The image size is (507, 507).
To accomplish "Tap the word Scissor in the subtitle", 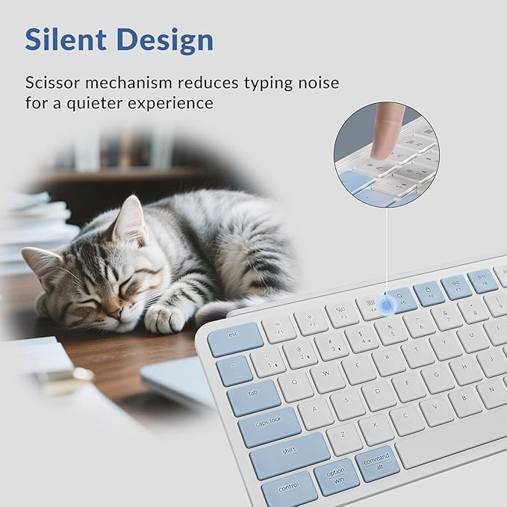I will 63,81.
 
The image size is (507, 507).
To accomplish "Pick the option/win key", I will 336,476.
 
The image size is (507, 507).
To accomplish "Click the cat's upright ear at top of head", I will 131,219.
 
